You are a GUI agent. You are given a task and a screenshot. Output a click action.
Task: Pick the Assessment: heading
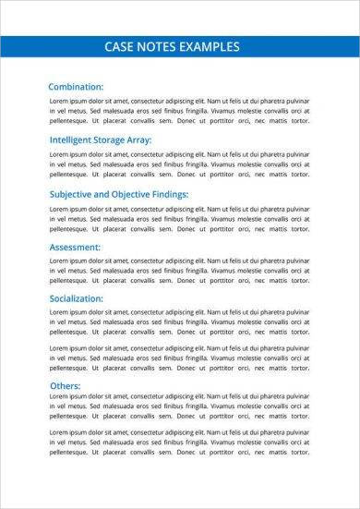pyautogui.click(x=80, y=247)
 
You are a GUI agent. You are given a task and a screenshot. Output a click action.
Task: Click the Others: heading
pyautogui.click(x=65, y=385)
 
